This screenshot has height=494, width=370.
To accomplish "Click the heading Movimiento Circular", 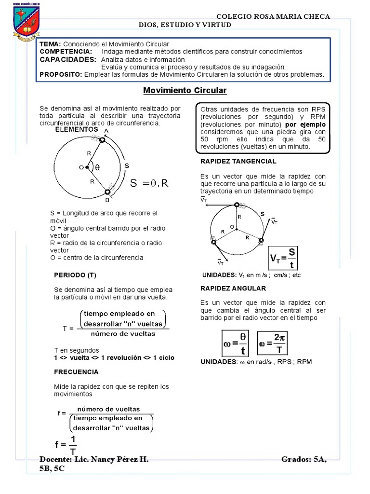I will [185, 91].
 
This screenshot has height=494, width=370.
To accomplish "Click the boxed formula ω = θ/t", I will [236, 343].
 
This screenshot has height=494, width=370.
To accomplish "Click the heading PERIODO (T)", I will [75, 275].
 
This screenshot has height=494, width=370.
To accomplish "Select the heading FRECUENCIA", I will [76, 372].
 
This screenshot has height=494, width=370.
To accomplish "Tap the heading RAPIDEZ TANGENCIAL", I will [238, 161].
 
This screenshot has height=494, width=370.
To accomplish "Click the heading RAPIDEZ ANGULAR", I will [233, 288].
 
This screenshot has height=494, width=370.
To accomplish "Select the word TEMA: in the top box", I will [50, 44].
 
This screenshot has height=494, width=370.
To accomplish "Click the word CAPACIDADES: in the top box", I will [68, 59].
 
